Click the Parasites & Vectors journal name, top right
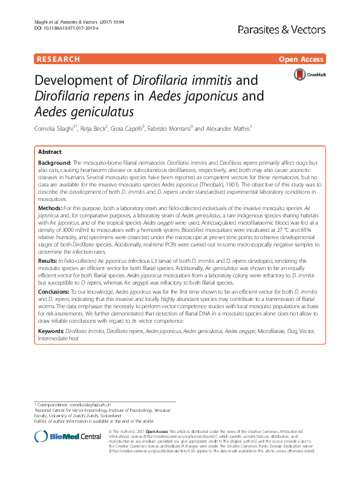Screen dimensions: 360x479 click(294, 28)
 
